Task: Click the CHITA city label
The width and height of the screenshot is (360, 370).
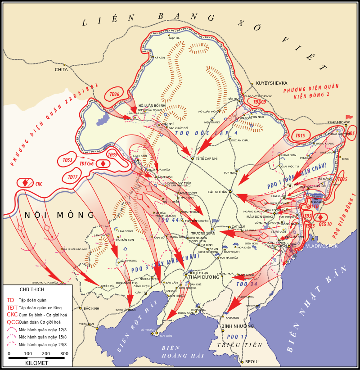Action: [x=61, y=70]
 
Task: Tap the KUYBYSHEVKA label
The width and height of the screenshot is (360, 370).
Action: [x=271, y=83]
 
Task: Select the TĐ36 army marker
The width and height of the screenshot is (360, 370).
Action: [x=114, y=95]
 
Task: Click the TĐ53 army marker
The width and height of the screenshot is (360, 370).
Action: [x=67, y=160]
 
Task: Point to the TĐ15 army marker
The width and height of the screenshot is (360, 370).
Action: [x=300, y=135]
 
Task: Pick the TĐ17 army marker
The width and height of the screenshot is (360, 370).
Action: [x=72, y=177]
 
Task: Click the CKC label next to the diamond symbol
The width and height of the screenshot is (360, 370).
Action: [x=39, y=184]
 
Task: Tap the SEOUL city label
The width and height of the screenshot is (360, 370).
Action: [x=252, y=362]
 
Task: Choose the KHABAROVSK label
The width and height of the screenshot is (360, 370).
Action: [x=338, y=122]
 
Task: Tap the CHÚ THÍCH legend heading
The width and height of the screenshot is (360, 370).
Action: [x=32, y=289]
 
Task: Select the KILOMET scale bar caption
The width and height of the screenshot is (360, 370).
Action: [x=36, y=363]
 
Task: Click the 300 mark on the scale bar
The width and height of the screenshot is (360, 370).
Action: [x=64, y=354]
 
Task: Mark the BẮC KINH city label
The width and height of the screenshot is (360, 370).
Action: [x=91, y=308]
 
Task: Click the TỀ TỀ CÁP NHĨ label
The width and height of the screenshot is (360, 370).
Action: [x=207, y=159]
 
